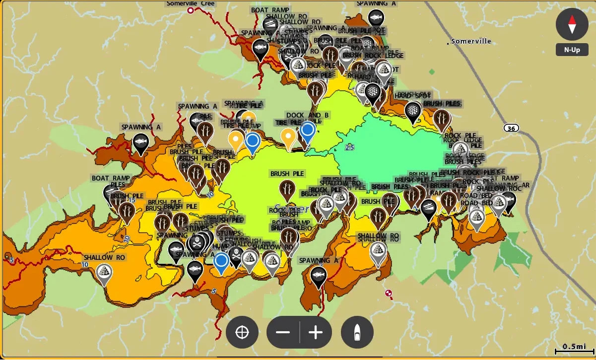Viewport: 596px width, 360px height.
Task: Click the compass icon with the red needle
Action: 572,24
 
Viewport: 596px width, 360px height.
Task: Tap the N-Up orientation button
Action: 572,50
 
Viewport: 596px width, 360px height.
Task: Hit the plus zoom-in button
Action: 316,332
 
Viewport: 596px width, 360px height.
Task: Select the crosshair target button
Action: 242,332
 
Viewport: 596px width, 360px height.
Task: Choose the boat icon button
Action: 357,332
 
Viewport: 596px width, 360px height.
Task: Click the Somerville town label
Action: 471,41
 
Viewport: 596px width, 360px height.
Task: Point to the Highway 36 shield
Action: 511,128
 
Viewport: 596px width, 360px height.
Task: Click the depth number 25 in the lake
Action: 350,147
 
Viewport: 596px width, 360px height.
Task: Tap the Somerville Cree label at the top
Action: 190,4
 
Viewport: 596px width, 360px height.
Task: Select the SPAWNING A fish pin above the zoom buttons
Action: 318,275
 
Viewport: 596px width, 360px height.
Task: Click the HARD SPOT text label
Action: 413,95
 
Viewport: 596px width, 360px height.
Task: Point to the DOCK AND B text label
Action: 307,116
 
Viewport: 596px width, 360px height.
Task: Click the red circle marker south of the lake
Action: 389,293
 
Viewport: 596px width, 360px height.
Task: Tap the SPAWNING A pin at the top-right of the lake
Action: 377,18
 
